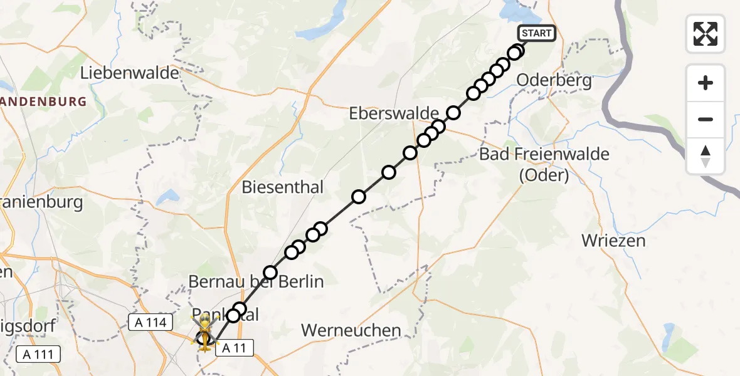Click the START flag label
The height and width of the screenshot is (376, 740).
(x=536, y=33)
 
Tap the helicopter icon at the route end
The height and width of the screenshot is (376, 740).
(x=205, y=330)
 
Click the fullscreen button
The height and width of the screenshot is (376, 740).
(x=706, y=33)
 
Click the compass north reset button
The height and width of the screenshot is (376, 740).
(x=706, y=156)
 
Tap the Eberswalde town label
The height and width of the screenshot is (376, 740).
(x=394, y=113)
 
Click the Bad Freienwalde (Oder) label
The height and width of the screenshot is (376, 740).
(x=544, y=164)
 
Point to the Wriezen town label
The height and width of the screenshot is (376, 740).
(x=613, y=240)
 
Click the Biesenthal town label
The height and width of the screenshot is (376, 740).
(x=282, y=187)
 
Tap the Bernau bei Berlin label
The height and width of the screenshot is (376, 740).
(x=256, y=282)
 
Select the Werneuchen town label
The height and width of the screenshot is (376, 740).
(x=351, y=330)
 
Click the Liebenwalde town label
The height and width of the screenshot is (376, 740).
(x=130, y=73)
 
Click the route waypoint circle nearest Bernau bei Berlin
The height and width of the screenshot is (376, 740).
(x=270, y=273)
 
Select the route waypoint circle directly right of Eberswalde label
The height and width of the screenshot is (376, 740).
(x=453, y=113)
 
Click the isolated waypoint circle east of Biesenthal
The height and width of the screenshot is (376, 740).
(x=359, y=197)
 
